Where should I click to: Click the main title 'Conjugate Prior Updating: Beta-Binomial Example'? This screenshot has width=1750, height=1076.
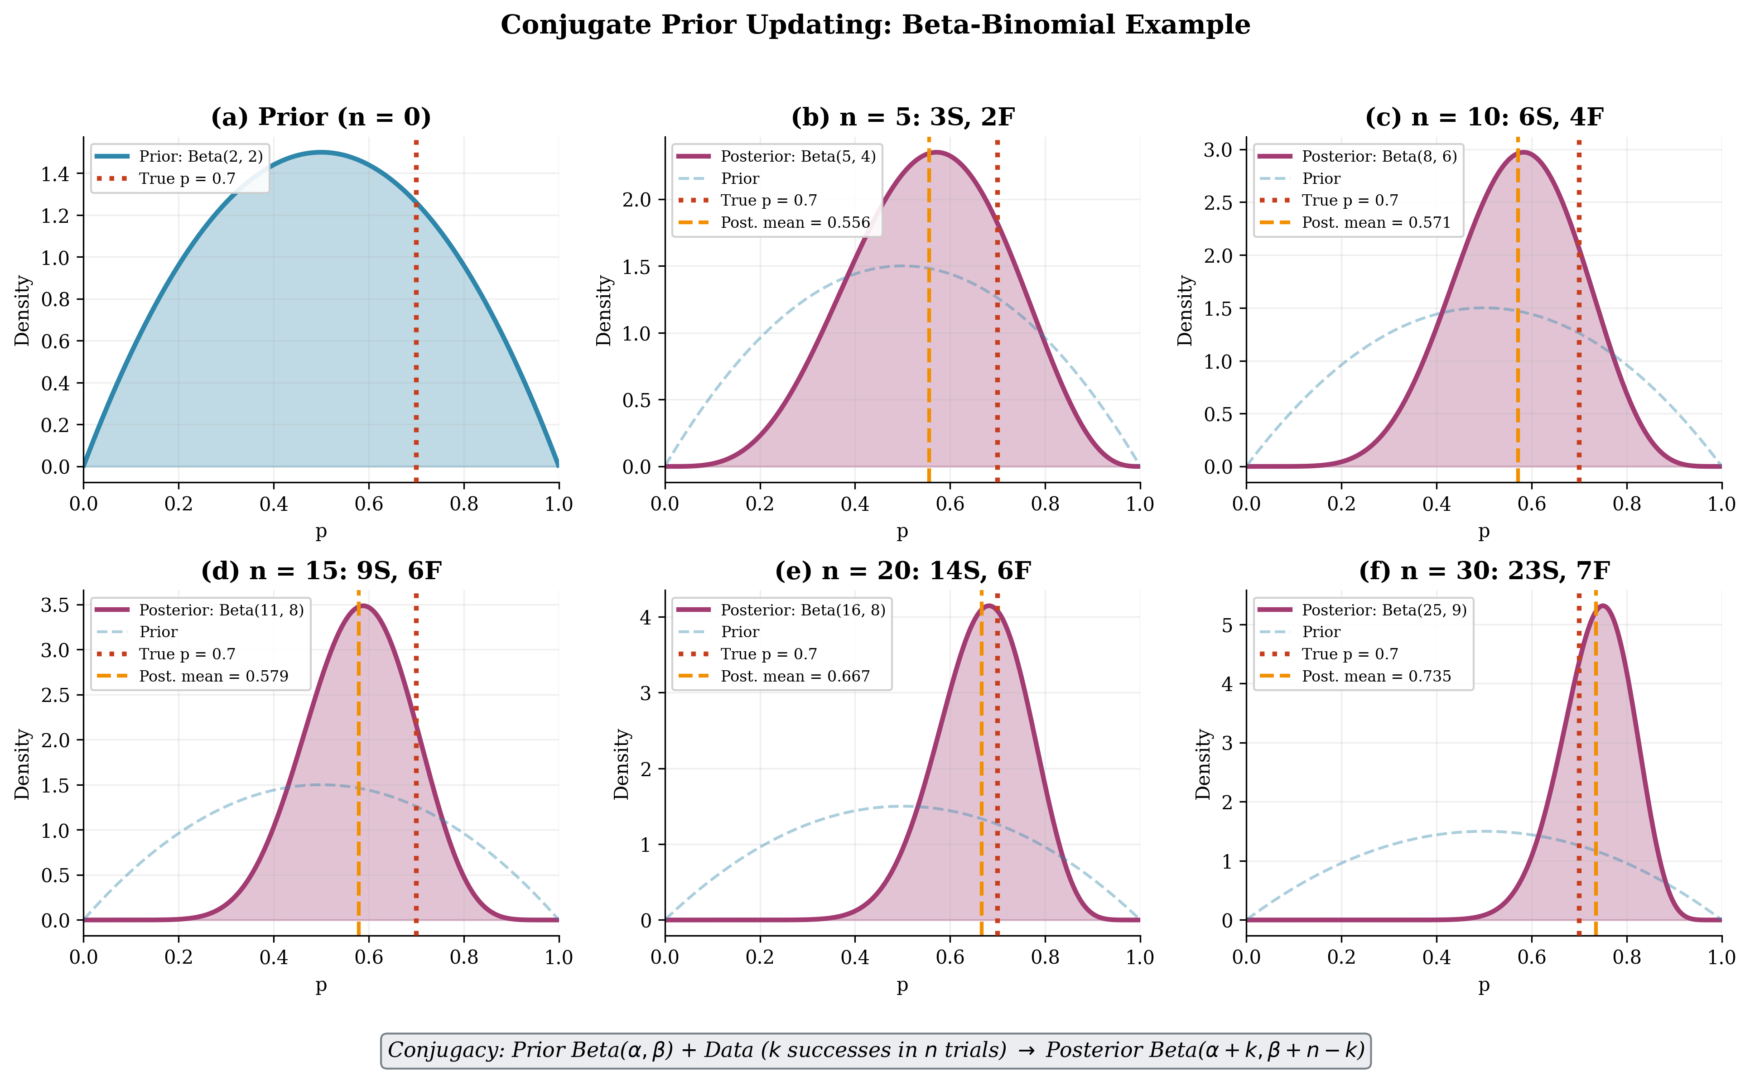pos(875,25)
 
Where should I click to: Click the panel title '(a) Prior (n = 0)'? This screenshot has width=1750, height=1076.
pos(321,117)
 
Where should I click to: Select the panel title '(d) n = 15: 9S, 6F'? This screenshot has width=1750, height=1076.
pos(321,571)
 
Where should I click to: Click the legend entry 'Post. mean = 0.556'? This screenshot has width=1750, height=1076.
pos(795,223)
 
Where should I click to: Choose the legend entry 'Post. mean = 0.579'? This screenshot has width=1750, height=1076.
pos(213,676)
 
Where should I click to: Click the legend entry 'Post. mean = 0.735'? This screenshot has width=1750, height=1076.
pos(1376,676)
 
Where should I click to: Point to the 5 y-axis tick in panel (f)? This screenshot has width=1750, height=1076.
pos(1227,625)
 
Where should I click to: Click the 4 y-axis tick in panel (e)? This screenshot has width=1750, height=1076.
pos(646,617)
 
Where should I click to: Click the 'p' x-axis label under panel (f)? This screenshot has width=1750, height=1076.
pos(1484,985)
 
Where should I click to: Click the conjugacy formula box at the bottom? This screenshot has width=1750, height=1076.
pos(875,1050)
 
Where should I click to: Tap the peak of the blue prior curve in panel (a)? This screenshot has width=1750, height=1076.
pos(321,152)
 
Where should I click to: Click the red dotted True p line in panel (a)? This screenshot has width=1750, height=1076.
pos(416,320)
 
